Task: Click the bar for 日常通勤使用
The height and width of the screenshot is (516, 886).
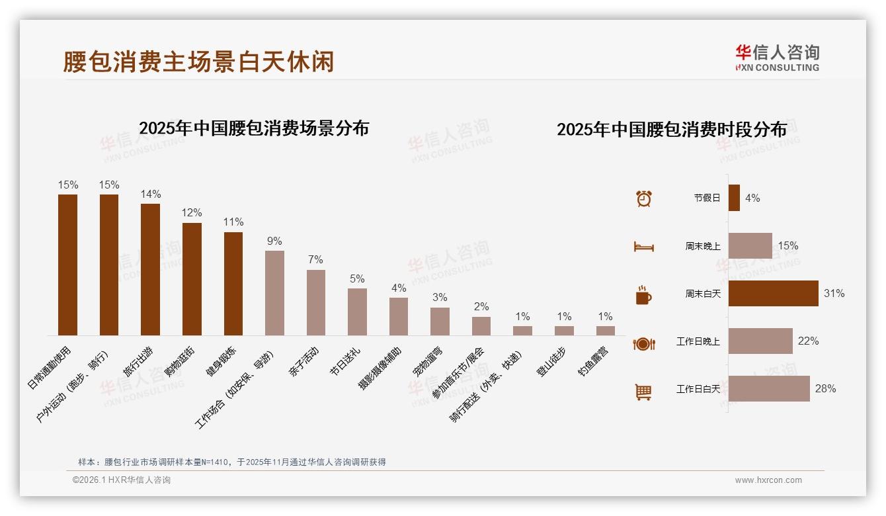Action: pos(67,265)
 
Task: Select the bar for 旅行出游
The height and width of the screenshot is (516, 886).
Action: pos(150,269)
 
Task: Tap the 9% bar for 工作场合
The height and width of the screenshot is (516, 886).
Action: pos(274,293)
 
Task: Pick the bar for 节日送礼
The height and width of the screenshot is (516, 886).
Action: pos(357,312)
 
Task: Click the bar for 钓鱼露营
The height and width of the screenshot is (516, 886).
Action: pos(605,331)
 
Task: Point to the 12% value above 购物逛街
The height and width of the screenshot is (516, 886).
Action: pos(192,212)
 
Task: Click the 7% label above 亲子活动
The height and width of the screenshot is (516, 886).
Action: pos(315,259)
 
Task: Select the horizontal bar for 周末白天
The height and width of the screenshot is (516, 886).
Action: pos(773,293)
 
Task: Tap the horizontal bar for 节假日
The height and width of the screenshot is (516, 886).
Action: pos(734,198)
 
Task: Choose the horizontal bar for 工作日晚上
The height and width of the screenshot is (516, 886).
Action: pos(760,341)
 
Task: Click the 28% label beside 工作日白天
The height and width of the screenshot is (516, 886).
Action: pos(825,388)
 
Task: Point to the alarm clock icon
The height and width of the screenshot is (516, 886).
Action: pos(643,198)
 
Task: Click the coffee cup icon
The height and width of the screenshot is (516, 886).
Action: pos(643,295)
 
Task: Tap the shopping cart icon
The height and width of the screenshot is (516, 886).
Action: pos(643,392)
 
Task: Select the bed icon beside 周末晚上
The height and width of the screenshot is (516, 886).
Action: pos(643,247)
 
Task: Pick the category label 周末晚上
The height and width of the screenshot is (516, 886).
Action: pos(702,246)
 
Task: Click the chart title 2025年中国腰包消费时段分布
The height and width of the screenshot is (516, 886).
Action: pos(671,129)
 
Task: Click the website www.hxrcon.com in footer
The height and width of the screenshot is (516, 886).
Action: pos(768,480)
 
